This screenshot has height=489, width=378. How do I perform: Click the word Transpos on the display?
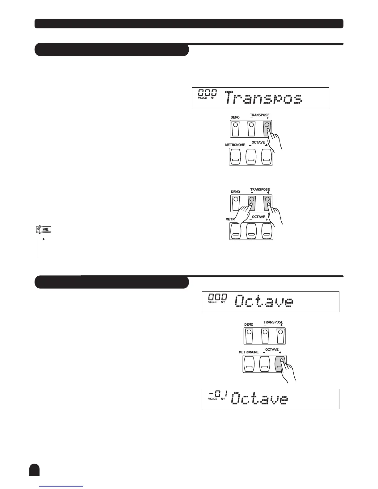coord(263,98)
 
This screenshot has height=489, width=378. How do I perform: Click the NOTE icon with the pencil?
coord(43,229)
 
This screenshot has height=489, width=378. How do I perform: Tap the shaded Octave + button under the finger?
coord(280,364)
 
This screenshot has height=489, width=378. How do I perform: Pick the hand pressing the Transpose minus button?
coord(244,213)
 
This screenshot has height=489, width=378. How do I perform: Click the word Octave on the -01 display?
coord(260,399)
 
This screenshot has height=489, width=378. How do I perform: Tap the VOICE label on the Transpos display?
coord(203,98)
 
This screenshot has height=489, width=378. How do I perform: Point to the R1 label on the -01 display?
coord(223,399)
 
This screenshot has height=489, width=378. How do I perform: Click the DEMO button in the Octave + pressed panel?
coord(249,336)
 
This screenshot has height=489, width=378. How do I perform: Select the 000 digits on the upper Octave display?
coord(217,297)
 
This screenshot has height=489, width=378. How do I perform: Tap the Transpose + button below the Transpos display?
coord(267,128)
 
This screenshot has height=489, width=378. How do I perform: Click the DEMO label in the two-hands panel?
coord(235,192)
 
